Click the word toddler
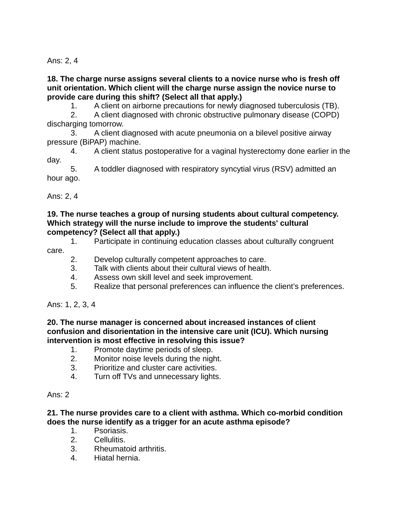(114, 169)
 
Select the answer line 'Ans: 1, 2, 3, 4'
(71, 304)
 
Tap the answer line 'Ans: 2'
(58, 395)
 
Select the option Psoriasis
(111, 431)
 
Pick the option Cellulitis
(110, 440)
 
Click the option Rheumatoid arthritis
(130, 449)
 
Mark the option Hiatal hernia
(117, 458)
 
